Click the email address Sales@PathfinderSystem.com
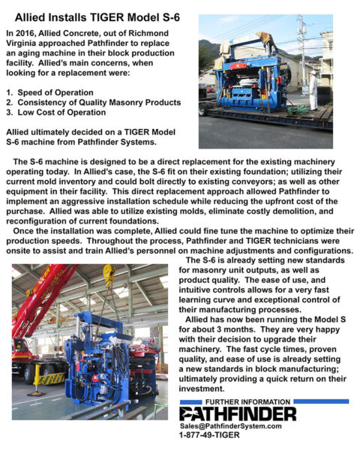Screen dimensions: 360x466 230,425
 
